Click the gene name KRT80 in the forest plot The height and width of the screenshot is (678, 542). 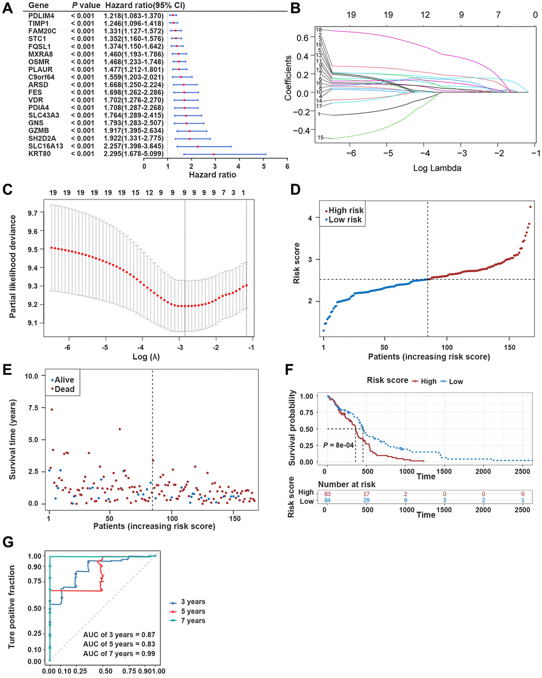click(x=40, y=154)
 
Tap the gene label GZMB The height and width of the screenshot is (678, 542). click(x=38, y=131)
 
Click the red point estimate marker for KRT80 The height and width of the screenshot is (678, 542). click(x=214, y=154)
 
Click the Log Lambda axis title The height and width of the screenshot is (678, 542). click(x=437, y=168)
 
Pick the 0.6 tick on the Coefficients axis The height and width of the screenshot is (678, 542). click(x=303, y=38)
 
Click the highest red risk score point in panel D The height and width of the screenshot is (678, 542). click(x=530, y=207)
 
